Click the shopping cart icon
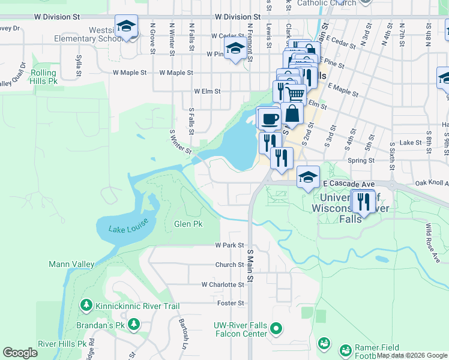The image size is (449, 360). click(x=294, y=94)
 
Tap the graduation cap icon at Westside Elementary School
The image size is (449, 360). click(x=126, y=26)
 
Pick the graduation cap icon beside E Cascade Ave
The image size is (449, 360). click(x=308, y=177)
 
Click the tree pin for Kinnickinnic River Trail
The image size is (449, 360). click(x=86, y=306)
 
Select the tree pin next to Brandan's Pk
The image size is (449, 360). click(x=134, y=325)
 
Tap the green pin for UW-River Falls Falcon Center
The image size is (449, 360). click(x=276, y=328)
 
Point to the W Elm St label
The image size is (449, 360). click(x=207, y=92)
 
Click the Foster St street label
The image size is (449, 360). click(x=231, y=304)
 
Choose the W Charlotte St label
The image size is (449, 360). click(x=223, y=284)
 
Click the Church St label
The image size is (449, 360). click(x=229, y=265)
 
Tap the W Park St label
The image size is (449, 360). click(x=229, y=245)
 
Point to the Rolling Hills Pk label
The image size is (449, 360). click(x=37, y=77)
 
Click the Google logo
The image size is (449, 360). click(x=20, y=353)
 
